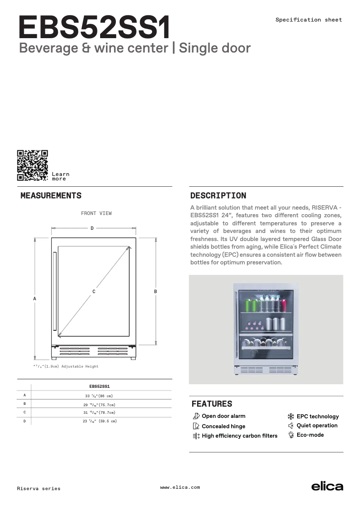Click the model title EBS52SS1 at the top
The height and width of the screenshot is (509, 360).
coord(94,28)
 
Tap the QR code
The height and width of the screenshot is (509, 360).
coord(32,165)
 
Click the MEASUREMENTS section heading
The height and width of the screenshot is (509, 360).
coord(51,196)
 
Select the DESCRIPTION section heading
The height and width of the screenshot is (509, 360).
coord(218,196)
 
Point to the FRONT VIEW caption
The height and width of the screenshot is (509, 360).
coord(96,214)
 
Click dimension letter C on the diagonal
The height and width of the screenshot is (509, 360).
coord(94,292)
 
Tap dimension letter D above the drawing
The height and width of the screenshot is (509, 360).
coord(92,228)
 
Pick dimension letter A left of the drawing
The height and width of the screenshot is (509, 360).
coord(35,298)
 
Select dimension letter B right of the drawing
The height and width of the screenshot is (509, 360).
coord(155,292)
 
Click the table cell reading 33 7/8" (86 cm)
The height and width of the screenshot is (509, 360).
coord(99,396)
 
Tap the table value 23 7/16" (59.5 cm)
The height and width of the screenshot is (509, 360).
coord(100,421)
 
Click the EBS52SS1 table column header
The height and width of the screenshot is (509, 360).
coord(100,386)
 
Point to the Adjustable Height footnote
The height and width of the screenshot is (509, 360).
coord(66,367)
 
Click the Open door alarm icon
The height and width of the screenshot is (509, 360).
coord(196,416)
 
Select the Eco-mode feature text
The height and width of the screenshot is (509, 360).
coord(310,435)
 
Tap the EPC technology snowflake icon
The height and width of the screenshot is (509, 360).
coord(291,416)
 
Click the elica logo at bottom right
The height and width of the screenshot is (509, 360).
coord(327,487)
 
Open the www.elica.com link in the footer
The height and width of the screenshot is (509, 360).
coord(180,487)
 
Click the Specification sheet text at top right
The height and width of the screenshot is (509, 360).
coord(308,20)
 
